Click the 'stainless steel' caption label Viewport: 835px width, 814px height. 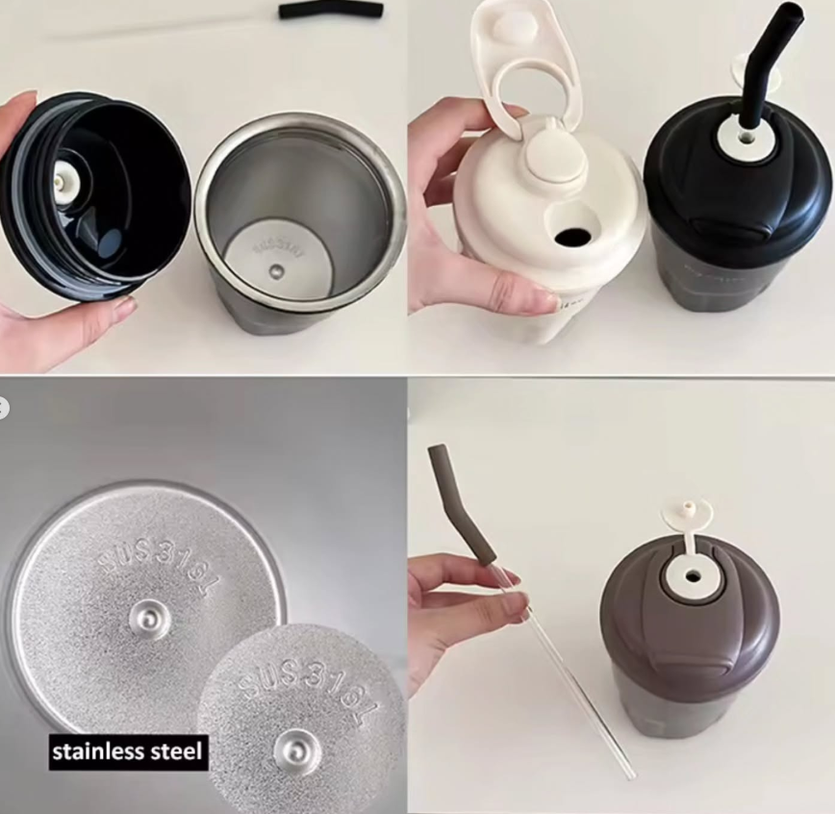point(128,751)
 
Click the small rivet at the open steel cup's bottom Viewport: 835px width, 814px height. point(277,271)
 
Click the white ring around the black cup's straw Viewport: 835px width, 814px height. point(744,142)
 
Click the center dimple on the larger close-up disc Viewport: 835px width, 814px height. point(150,617)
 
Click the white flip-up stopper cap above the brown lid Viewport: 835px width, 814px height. point(689,513)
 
